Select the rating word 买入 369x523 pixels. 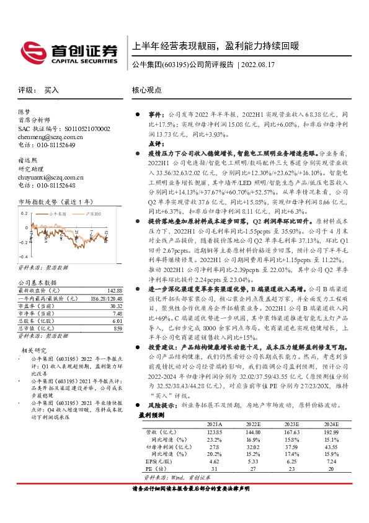pyautogui.click(x=51, y=90)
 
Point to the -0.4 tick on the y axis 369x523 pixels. pyautogui.click(x=24, y=256)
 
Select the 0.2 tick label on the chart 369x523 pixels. pyautogui.click(x=24, y=212)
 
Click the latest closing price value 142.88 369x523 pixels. pyautogui.click(x=115, y=290)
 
